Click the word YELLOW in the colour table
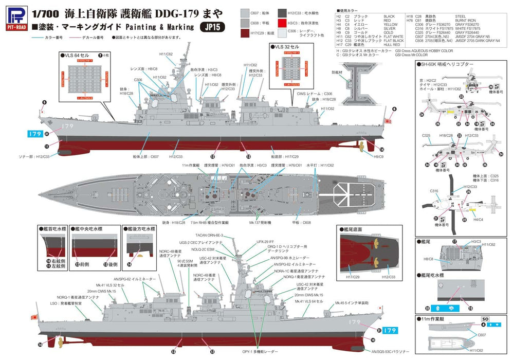(390, 24)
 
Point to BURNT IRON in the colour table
(462, 20)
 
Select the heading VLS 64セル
(77, 55)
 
